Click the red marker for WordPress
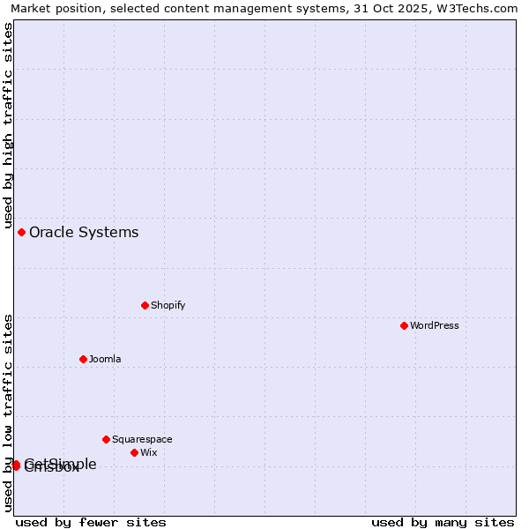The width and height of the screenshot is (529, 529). click(x=404, y=325)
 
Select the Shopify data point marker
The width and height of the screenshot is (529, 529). click(x=145, y=305)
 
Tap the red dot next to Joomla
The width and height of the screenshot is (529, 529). click(x=83, y=359)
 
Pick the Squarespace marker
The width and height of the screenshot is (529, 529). click(x=106, y=439)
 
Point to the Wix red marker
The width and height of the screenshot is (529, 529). click(x=134, y=452)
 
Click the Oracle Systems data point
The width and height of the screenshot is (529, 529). click(x=21, y=232)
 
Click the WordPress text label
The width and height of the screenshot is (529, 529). click(x=435, y=325)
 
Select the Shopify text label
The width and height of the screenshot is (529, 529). click(x=168, y=305)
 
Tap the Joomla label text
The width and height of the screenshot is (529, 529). click(x=105, y=359)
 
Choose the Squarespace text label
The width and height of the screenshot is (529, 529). click(x=142, y=439)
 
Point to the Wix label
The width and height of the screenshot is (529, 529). click(x=148, y=452)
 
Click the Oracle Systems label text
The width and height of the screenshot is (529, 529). click(x=84, y=233)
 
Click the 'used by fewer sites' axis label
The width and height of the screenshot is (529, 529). click(x=91, y=522)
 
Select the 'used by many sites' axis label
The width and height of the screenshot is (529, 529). click(x=443, y=522)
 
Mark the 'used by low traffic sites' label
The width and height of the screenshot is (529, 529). click(x=8, y=412)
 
